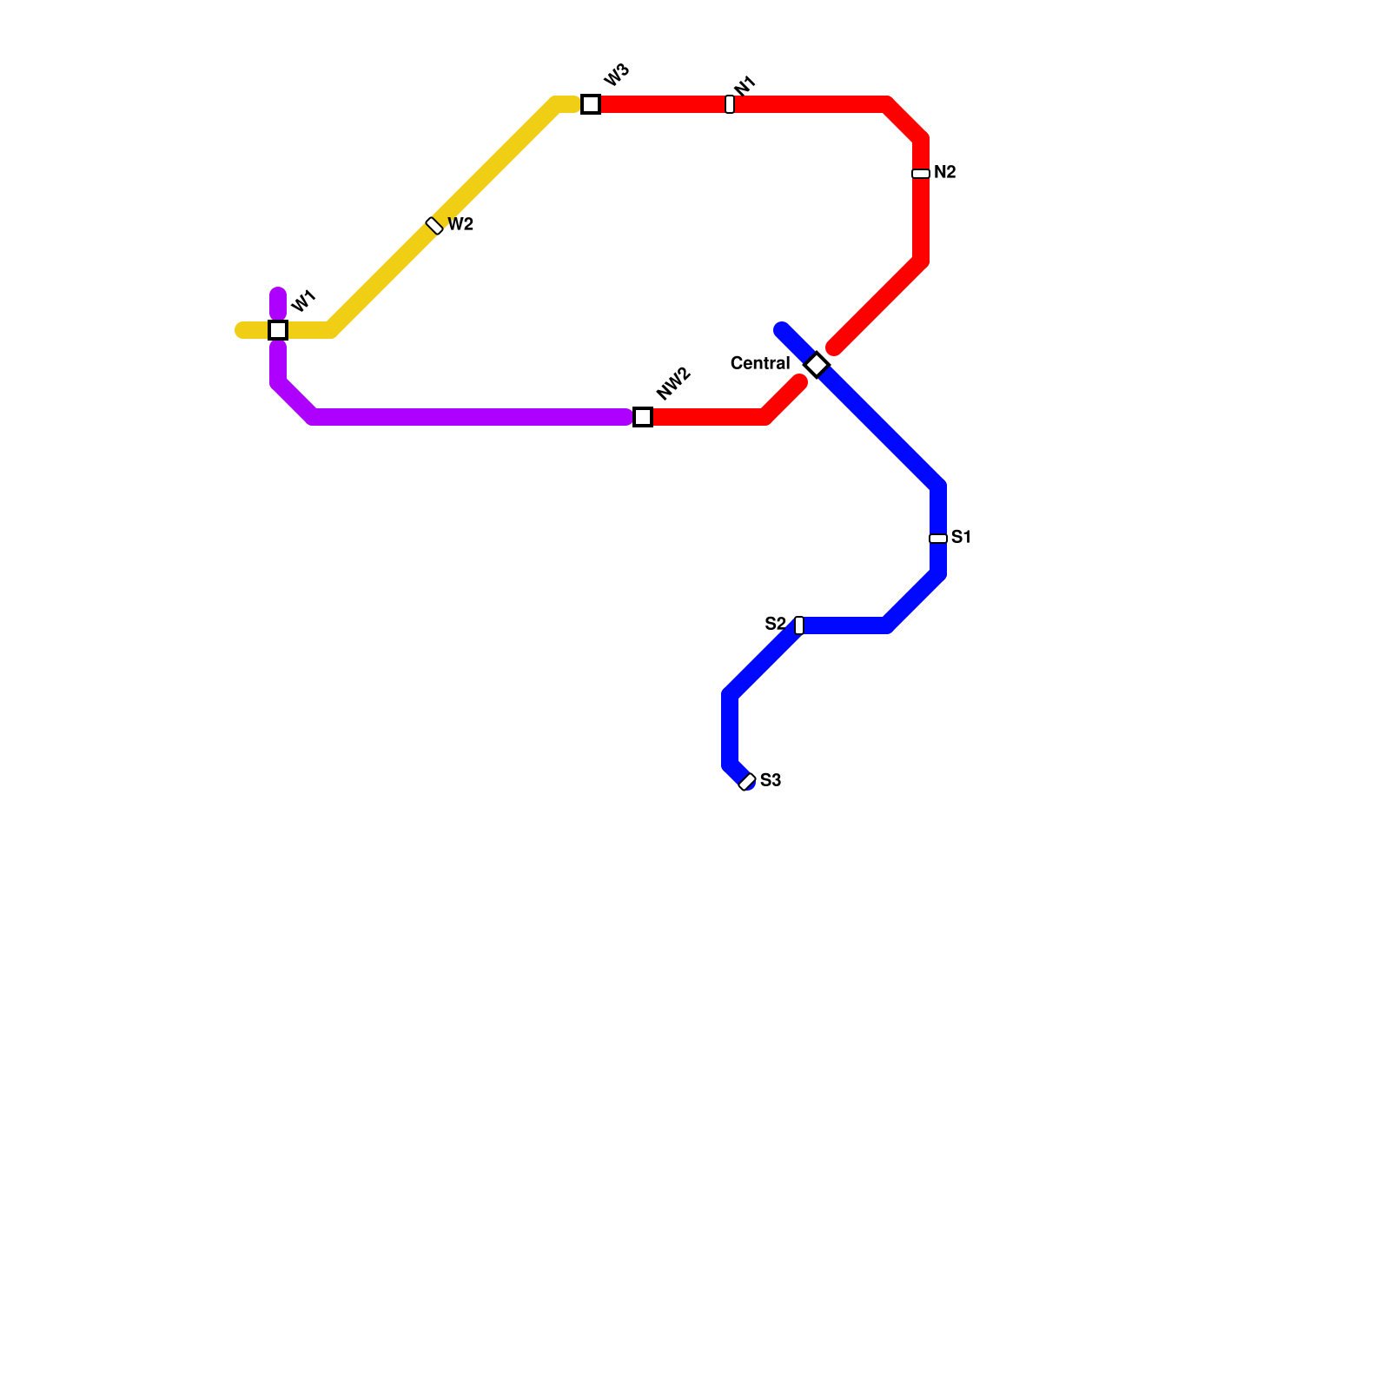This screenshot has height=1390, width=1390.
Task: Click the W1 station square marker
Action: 278,330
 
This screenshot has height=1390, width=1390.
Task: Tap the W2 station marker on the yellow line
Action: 434,226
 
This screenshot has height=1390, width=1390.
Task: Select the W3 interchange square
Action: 591,104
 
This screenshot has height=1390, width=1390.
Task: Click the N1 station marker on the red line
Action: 730,104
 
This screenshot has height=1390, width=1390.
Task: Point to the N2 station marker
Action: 921,174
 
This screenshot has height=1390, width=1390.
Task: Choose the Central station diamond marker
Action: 817,365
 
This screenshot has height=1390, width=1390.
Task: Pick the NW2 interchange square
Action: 643,417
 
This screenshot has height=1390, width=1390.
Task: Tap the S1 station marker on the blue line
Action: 938,539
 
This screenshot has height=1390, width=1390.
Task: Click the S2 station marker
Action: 799,625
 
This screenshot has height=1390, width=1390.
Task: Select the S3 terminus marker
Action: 747,782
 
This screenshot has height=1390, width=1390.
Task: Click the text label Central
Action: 760,363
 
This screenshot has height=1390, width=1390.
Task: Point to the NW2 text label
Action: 673,383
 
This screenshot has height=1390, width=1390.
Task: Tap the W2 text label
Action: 460,225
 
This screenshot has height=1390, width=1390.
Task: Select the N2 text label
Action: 945,173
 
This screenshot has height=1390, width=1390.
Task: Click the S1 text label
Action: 961,538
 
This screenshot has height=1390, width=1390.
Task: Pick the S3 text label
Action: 771,781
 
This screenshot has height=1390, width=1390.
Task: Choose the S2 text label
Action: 775,625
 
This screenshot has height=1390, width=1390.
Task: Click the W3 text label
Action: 616,76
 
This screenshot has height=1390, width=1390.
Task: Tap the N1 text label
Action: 745,87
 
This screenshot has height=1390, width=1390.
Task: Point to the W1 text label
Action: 303,301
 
